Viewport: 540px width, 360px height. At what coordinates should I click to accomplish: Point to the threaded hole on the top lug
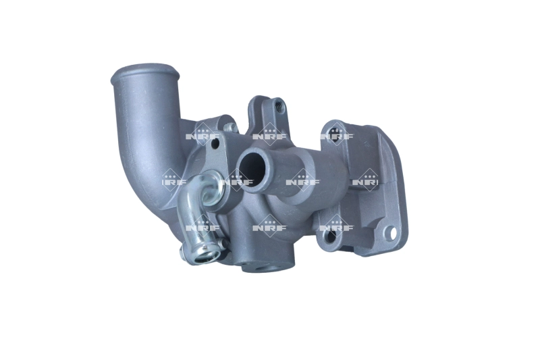277,105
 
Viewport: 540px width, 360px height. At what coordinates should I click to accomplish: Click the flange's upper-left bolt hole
335,128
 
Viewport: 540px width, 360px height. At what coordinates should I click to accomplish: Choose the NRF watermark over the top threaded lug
270,134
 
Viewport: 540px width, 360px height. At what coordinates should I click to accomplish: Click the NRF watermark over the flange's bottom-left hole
336,227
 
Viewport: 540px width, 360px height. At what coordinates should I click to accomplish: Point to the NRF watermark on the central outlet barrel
302,180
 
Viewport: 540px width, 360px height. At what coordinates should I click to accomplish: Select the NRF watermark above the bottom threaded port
270,227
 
